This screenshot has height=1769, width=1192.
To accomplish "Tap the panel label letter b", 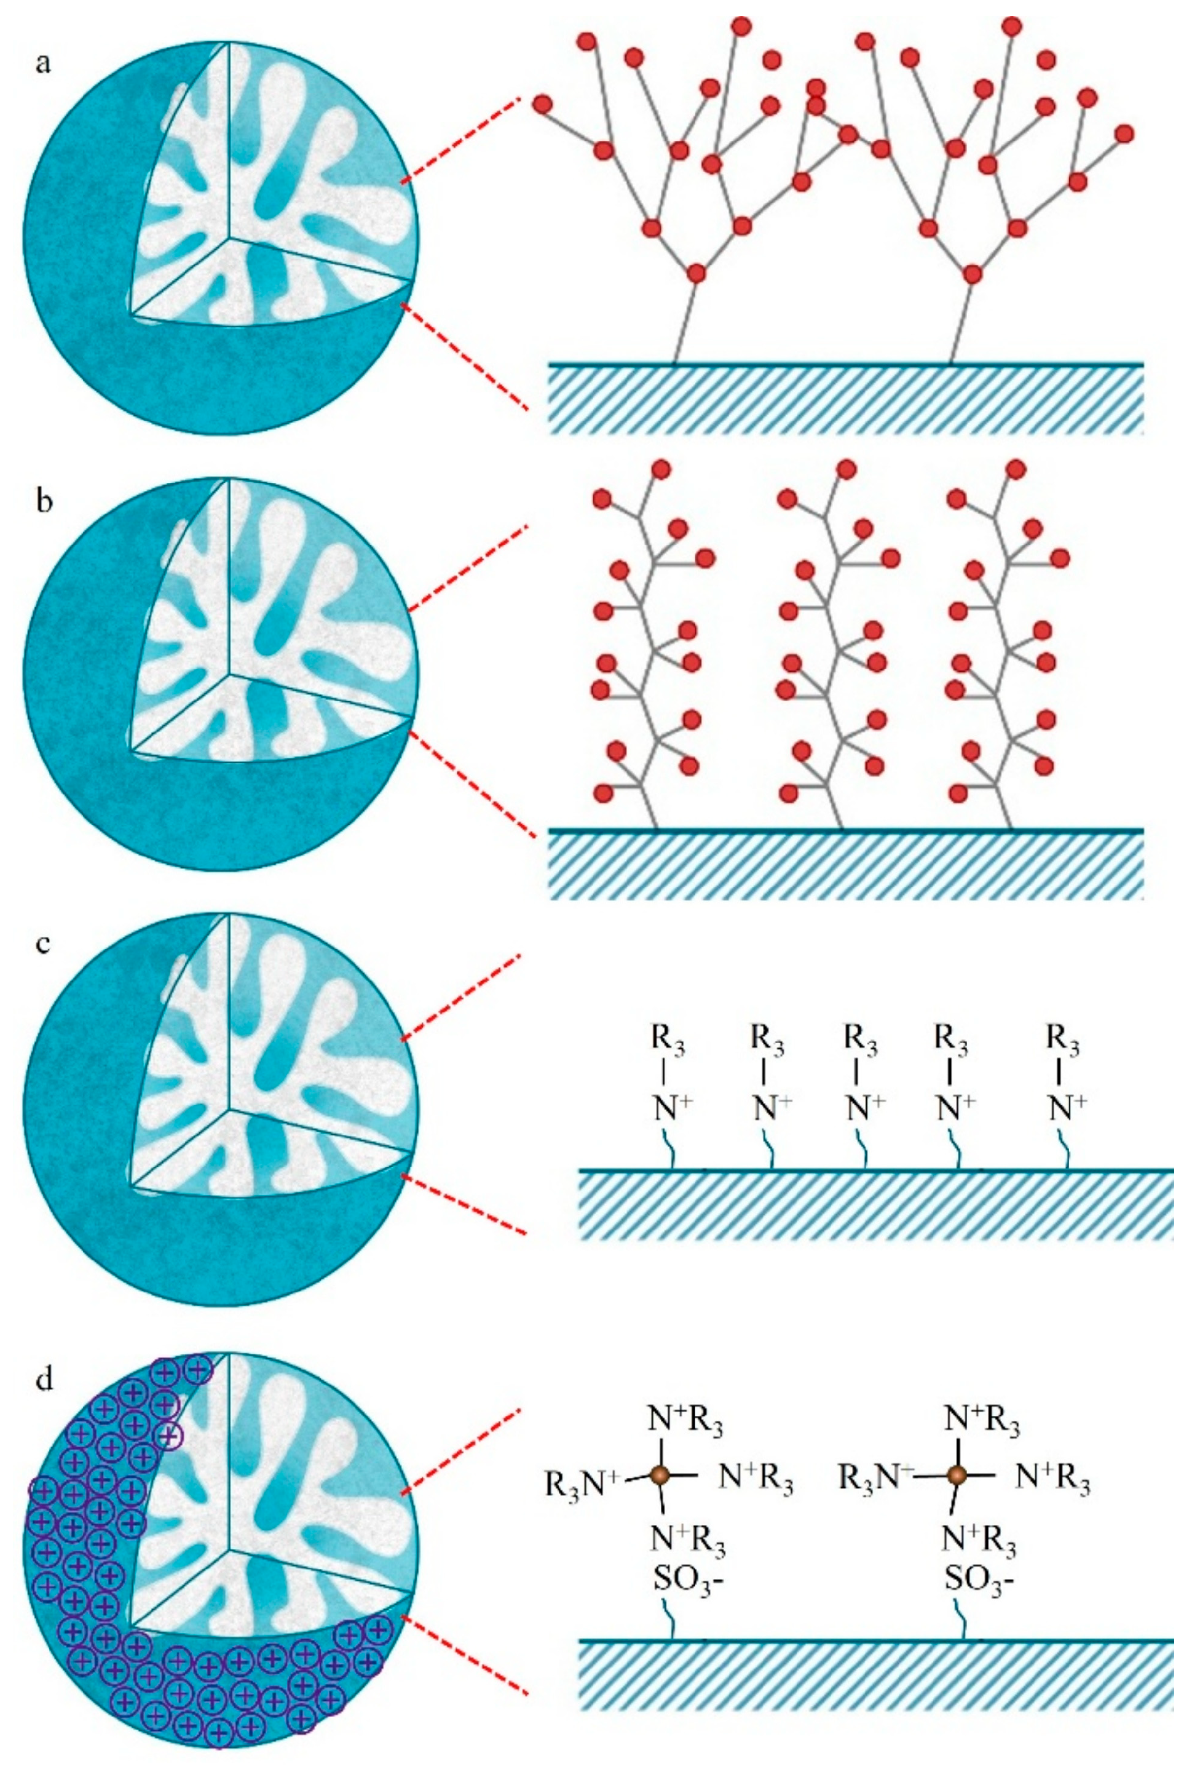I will (44, 502).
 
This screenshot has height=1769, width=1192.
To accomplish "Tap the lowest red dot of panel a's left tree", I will (695, 273).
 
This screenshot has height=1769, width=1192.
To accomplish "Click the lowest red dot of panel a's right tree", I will (973, 273).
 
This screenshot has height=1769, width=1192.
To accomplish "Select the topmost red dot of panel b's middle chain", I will (846, 469).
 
